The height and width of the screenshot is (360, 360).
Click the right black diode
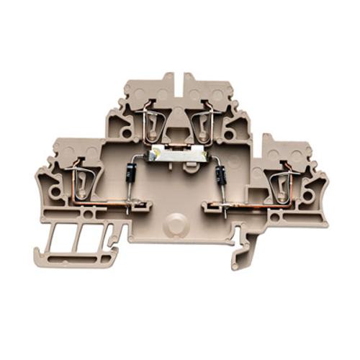[x=220, y=174]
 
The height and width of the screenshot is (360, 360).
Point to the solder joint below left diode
[x=127, y=209]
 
